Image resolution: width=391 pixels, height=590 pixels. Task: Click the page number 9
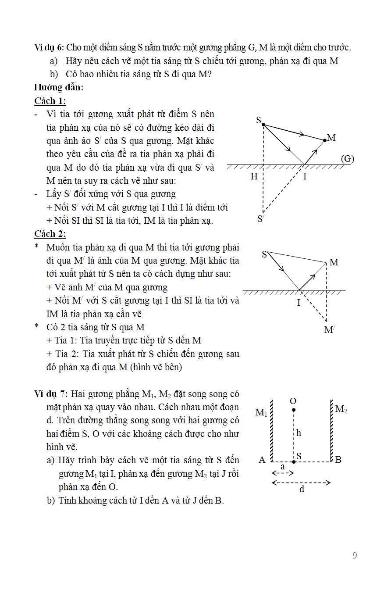(x=355, y=556)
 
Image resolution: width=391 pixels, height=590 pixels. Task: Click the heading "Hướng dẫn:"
(x=59, y=87)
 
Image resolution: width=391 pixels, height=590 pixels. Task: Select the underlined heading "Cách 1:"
(x=50, y=101)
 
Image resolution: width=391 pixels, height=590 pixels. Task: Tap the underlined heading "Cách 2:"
(x=50, y=234)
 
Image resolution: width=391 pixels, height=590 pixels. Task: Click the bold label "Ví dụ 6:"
(x=51, y=47)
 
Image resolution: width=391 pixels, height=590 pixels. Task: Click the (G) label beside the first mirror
(x=347, y=159)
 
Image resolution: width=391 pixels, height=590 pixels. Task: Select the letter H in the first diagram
(x=254, y=176)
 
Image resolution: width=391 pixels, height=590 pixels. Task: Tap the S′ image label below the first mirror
(x=261, y=218)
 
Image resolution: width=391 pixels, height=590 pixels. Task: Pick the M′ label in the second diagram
(x=329, y=330)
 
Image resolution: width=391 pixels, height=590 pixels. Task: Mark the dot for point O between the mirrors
(x=293, y=410)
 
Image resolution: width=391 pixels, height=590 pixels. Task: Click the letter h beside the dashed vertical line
(x=299, y=433)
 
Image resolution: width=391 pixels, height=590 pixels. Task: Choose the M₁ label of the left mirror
(x=261, y=413)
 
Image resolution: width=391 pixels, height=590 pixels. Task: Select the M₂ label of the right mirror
(x=341, y=410)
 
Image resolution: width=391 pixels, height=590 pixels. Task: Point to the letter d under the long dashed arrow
(x=302, y=489)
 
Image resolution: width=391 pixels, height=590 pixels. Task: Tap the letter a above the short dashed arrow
(x=282, y=467)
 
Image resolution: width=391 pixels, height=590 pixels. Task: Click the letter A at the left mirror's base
(x=262, y=460)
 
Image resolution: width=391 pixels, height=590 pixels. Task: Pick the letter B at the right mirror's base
(x=338, y=460)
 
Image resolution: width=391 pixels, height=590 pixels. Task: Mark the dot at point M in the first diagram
(x=324, y=140)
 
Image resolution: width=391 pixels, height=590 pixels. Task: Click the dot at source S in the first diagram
(x=263, y=125)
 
